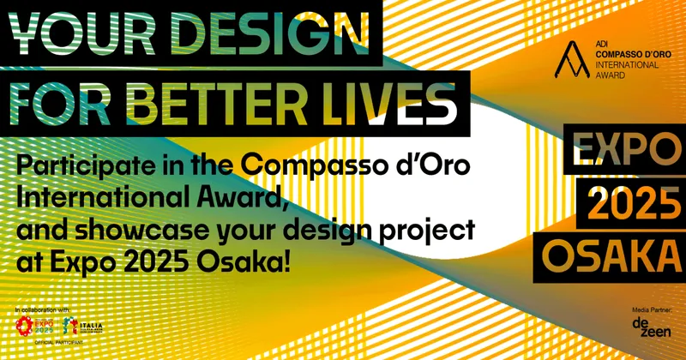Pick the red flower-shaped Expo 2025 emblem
[x=27, y=327]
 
